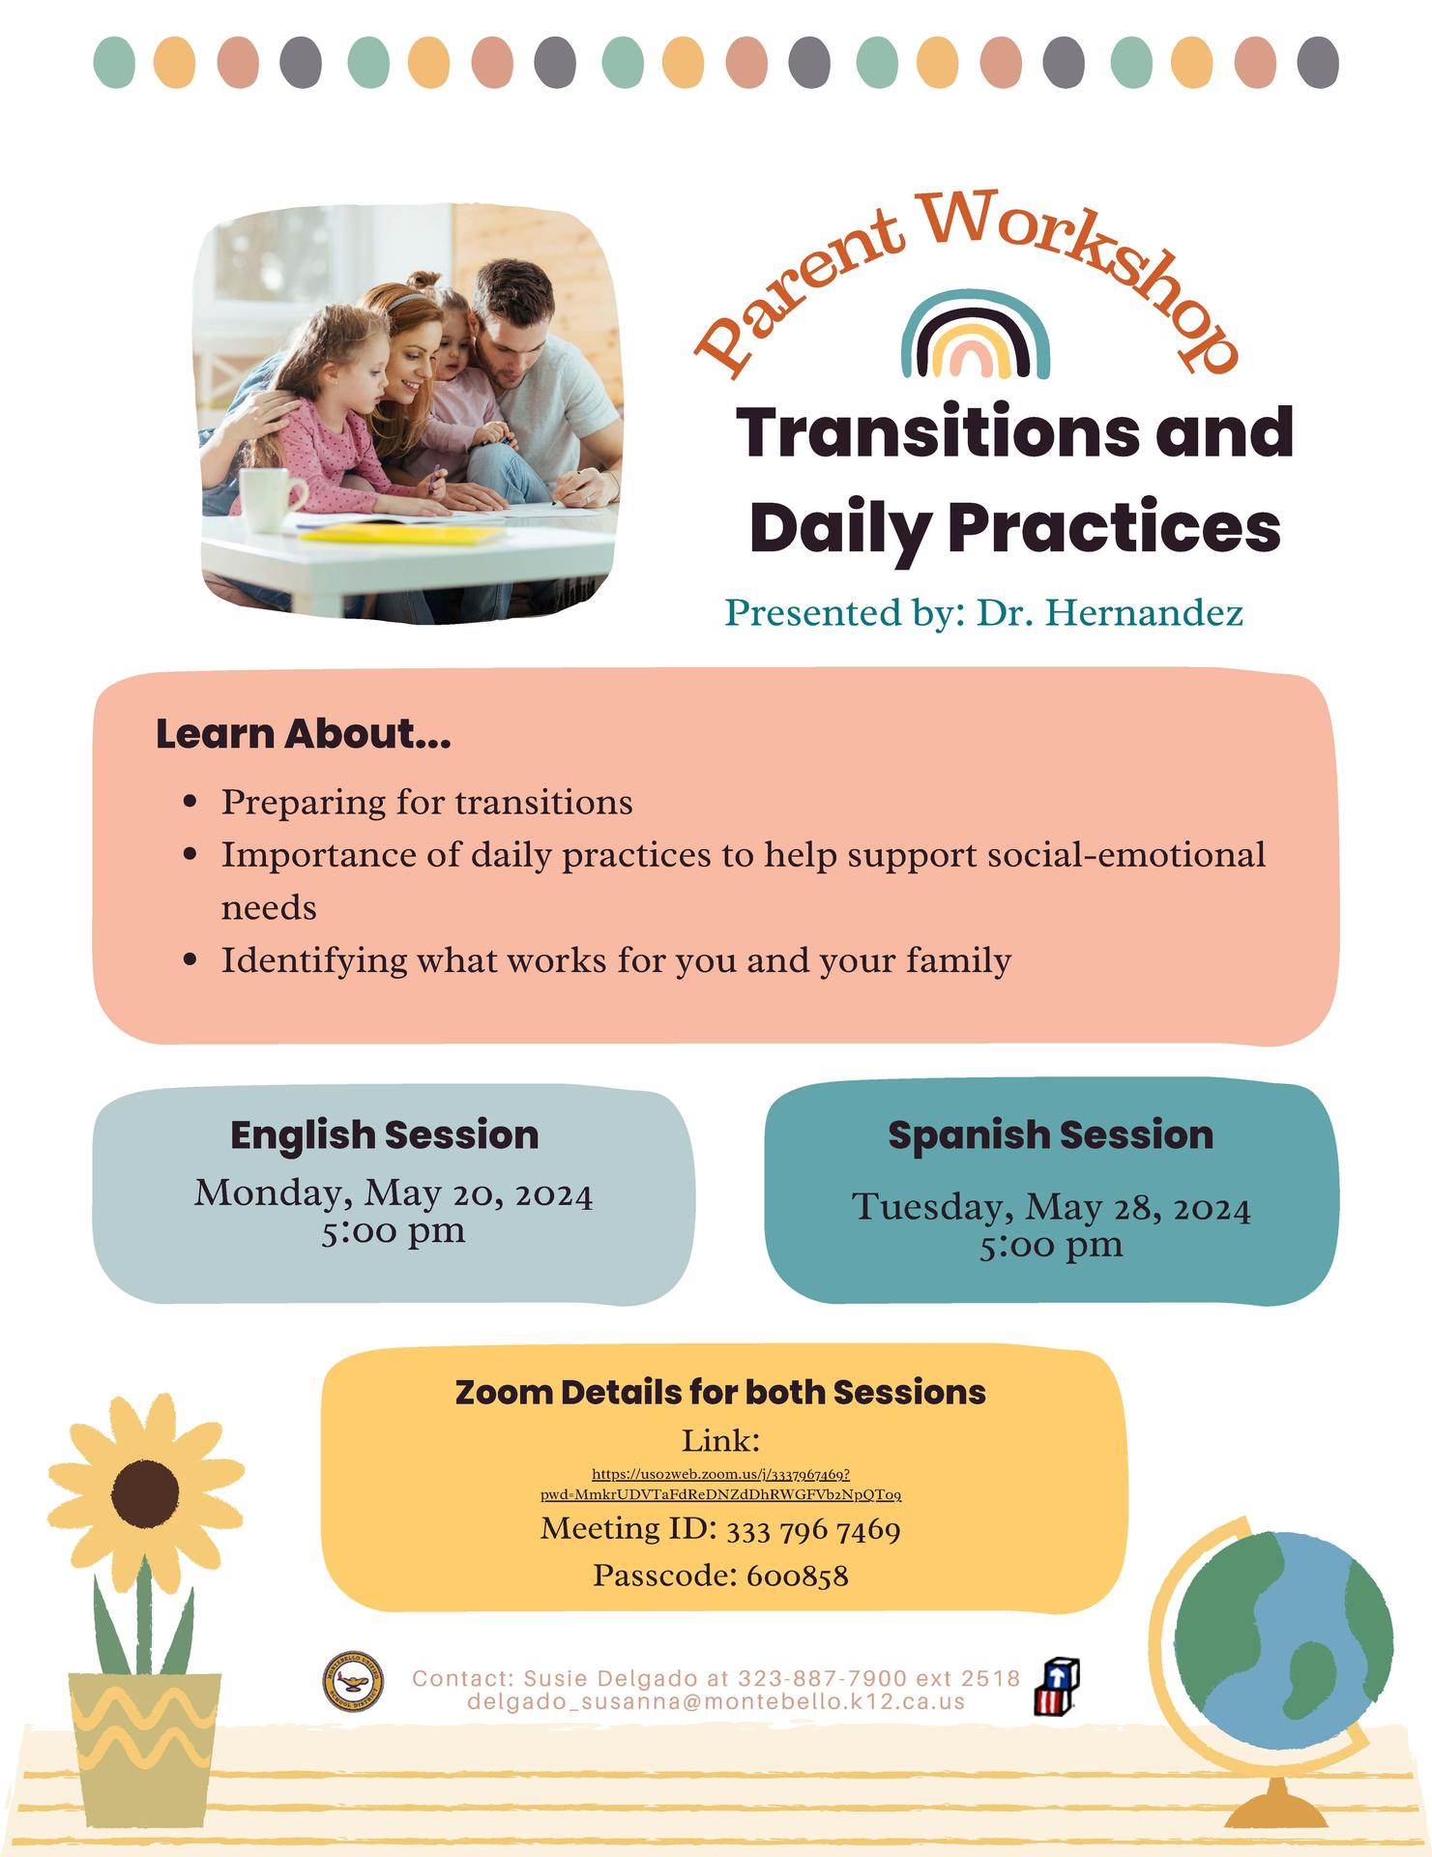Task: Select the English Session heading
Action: click(x=384, y=1135)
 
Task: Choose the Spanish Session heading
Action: click(x=1050, y=1135)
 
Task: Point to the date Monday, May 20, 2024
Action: click(x=394, y=1194)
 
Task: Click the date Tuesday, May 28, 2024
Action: click(x=1051, y=1207)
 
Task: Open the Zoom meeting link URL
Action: click(x=720, y=1485)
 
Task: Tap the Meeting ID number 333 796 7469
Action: click(x=812, y=1530)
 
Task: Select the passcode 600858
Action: click(x=797, y=1577)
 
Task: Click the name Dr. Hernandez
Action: click(x=1109, y=612)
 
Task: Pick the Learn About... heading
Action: click(x=303, y=734)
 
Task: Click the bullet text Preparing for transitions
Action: click(x=426, y=802)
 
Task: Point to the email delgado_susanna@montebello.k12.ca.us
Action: click(x=716, y=1701)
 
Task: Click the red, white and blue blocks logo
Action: click(x=1056, y=1687)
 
